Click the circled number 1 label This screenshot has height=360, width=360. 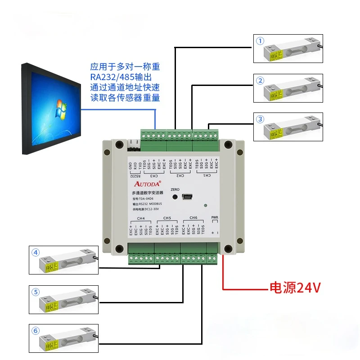260,41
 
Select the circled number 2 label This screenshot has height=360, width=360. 260,81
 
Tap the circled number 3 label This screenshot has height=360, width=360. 260,119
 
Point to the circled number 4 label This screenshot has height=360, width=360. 36,252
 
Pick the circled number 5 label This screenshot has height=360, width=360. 36,292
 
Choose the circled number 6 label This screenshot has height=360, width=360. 36,331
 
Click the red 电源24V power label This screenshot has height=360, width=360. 295,288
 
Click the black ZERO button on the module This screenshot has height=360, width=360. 175,197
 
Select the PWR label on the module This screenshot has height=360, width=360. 215,218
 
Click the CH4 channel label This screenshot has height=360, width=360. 141,218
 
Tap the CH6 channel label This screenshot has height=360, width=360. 193,218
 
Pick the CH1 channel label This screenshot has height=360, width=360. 207,175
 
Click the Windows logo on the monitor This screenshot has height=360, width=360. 59,109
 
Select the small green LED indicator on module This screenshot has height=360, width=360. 205,206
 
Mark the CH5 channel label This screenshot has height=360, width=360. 167,218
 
